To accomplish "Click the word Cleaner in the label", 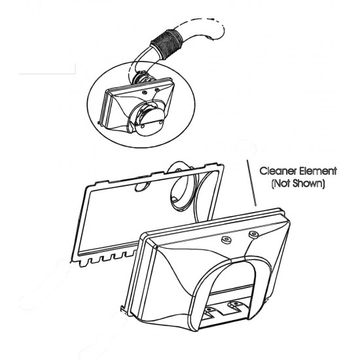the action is point(278,171).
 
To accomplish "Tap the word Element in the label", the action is point(318,171).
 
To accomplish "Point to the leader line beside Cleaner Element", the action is point(251,183).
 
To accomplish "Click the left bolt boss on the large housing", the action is point(226,240).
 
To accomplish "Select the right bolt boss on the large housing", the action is point(254,234).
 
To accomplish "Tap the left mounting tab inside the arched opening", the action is point(209,310).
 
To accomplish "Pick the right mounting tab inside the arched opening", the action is point(234,304).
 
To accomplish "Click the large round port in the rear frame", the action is point(183,190).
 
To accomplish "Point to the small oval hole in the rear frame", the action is point(141,186).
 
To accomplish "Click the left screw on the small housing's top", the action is point(145,92).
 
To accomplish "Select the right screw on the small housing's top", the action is point(157,89).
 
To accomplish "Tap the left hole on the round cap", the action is point(142,126).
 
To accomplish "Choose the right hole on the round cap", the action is point(161,122).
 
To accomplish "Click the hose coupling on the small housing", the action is point(142,78).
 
